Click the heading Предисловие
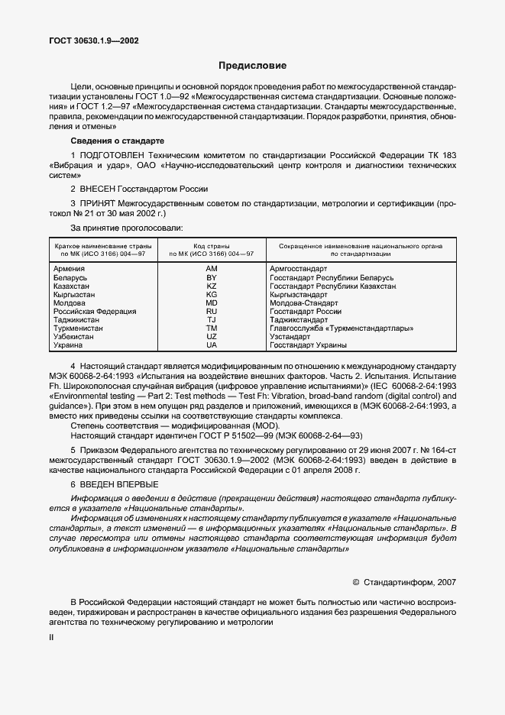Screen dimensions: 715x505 coord(252,66)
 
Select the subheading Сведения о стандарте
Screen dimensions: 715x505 coord(116,141)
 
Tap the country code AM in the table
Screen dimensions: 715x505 coord(212,269)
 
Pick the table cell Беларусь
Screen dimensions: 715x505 coord(70,277)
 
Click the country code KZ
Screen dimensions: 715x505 coord(212,286)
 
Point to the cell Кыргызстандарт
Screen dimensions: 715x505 coord(299,294)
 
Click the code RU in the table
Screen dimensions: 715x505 coord(212,311)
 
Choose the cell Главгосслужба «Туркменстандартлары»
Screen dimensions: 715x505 coord(342,328)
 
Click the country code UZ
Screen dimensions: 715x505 coord(212,336)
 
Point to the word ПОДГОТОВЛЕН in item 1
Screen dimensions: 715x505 coord(108,156)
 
